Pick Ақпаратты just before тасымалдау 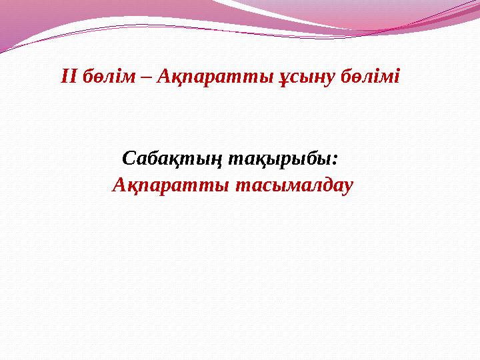tap(169, 183)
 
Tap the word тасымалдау tap(291, 183)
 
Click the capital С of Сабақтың tap(130, 160)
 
